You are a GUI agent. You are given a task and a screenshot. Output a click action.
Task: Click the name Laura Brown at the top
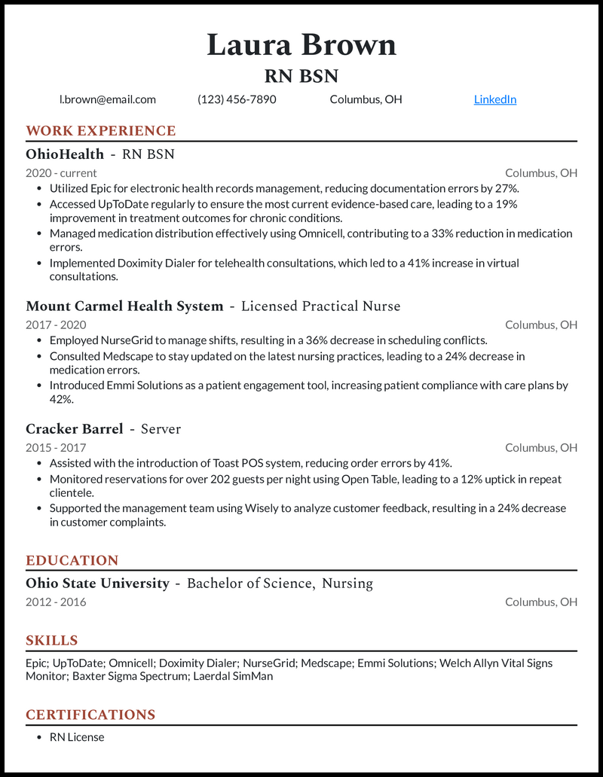coord(301,45)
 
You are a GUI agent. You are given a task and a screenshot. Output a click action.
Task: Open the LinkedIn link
coord(494,99)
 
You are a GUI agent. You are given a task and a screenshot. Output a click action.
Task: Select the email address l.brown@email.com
coord(108,99)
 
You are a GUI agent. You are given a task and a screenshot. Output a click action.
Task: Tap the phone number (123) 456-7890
coord(237,99)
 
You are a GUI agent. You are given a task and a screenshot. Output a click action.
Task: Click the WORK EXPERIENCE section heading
coord(100,131)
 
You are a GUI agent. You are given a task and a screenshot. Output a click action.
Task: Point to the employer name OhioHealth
coord(65,154)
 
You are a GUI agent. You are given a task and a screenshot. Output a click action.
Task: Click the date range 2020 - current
coord(61,173)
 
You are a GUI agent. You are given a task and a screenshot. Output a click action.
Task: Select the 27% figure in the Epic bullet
coord(506,188)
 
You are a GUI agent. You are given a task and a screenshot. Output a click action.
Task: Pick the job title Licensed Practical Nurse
coord(320,306)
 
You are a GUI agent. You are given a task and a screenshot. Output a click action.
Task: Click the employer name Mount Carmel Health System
coord(124,306)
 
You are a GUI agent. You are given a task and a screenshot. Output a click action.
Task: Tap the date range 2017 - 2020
coord(56,325)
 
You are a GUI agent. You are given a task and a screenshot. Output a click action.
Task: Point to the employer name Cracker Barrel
coord(74,429)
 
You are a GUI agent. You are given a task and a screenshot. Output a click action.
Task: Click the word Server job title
coord(161,429)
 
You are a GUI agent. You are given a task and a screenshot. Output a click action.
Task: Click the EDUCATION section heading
coord(72,561)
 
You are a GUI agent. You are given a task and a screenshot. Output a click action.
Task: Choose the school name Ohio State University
coord(97,584)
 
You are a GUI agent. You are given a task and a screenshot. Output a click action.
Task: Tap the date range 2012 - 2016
coord(56,602)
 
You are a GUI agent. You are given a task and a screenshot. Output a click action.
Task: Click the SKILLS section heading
coord(52,641)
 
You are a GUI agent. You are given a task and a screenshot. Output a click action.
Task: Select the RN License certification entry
coord(77,737)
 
